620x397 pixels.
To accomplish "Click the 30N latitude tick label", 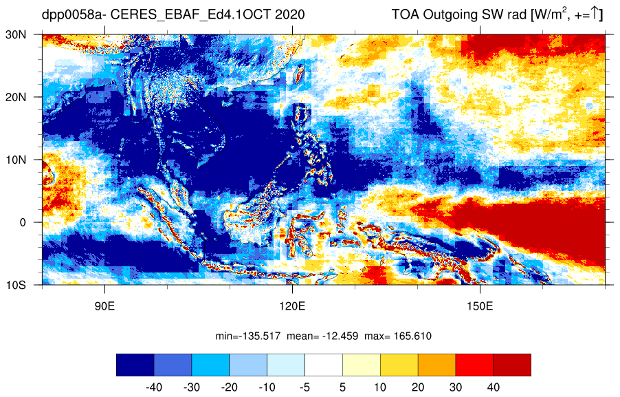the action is (x=16, y=34).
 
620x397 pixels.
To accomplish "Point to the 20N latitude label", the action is (x=16, y=97).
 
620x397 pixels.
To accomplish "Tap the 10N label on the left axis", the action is (x=16, y=160).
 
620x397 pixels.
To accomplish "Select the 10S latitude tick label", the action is (x=16, y=285).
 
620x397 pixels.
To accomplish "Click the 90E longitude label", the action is (x=104, y=306).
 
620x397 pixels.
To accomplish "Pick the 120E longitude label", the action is (x=292, y=306).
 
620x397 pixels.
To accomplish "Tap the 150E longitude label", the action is (x=480, y=306).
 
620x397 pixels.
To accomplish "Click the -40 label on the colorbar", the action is (x=154, y=387).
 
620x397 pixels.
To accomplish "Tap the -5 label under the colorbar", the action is (x=305, y=387).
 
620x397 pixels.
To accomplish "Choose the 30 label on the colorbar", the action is (x=456, y=387).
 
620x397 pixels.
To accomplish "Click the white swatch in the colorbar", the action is (x=324, y=365).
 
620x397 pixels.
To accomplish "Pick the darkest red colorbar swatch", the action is (x=512, y=365).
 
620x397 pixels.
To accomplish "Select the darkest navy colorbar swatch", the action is (x=135, y=365).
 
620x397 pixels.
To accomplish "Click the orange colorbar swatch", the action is (x=436, y=365).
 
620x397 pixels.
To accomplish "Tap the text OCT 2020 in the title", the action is (x=275, y=14).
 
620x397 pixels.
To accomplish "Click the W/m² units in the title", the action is (x=550, y=14).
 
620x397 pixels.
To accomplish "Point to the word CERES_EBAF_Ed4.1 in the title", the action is (x=178, y=15).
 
